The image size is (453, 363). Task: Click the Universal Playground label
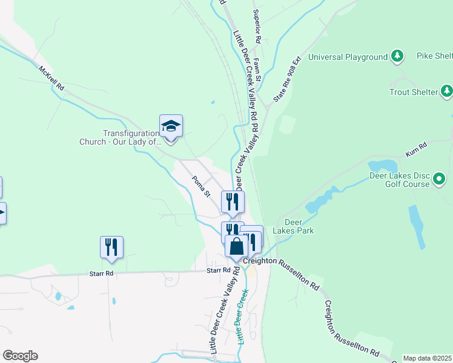click(x=348, y=57)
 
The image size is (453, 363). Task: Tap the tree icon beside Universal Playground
click(x=397, y=57)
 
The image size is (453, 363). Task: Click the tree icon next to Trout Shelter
click(x=447, y=91)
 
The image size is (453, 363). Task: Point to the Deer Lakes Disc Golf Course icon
click(x=439, y=180)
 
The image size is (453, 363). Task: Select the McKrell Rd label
click(x=51, y=78)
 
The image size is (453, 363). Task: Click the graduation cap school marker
click(x=171, y=126)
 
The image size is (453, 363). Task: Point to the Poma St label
click(x=200, y=186)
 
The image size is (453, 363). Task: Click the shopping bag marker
click(x=236, y=246)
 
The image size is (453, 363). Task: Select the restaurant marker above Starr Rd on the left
click(x=111, y=247)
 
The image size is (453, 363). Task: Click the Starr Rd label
click(x=218, y=270)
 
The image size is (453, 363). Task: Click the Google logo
click(x=20, y=355)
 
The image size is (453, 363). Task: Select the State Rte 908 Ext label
click(x=287, y=80)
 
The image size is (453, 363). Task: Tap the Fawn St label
click(x=257, y=70)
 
